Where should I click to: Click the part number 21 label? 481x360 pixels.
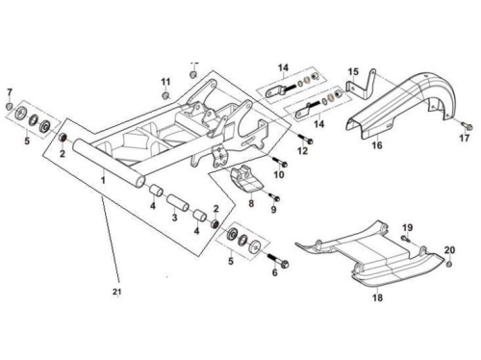(x=117, y=292)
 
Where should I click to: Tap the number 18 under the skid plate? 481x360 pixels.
(x=377, y=297)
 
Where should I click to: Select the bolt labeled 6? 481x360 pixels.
(x=277, y=260)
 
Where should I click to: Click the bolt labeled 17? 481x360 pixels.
(x=467, y=125)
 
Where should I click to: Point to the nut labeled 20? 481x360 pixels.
(x=449, y=265)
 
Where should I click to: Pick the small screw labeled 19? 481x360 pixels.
(x=406, y=239)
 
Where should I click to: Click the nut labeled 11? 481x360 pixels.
(x=165, y=95)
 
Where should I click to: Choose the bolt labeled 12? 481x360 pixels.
(x=305, y=139)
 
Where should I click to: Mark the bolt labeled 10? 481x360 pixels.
(x=280, y=162)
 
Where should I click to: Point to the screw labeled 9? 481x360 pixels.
(x=273, y=196)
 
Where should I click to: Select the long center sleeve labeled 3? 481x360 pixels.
(x=178, y=202)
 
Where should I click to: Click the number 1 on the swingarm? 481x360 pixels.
(x=103, y=180)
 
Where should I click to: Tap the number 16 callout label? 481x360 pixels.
(x=377, y=145)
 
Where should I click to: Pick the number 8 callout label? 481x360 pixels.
(x=251, y=203)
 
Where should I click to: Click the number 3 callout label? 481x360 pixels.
(x=174, y=218)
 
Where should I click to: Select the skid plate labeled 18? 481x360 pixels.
(x=368, y=257)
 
